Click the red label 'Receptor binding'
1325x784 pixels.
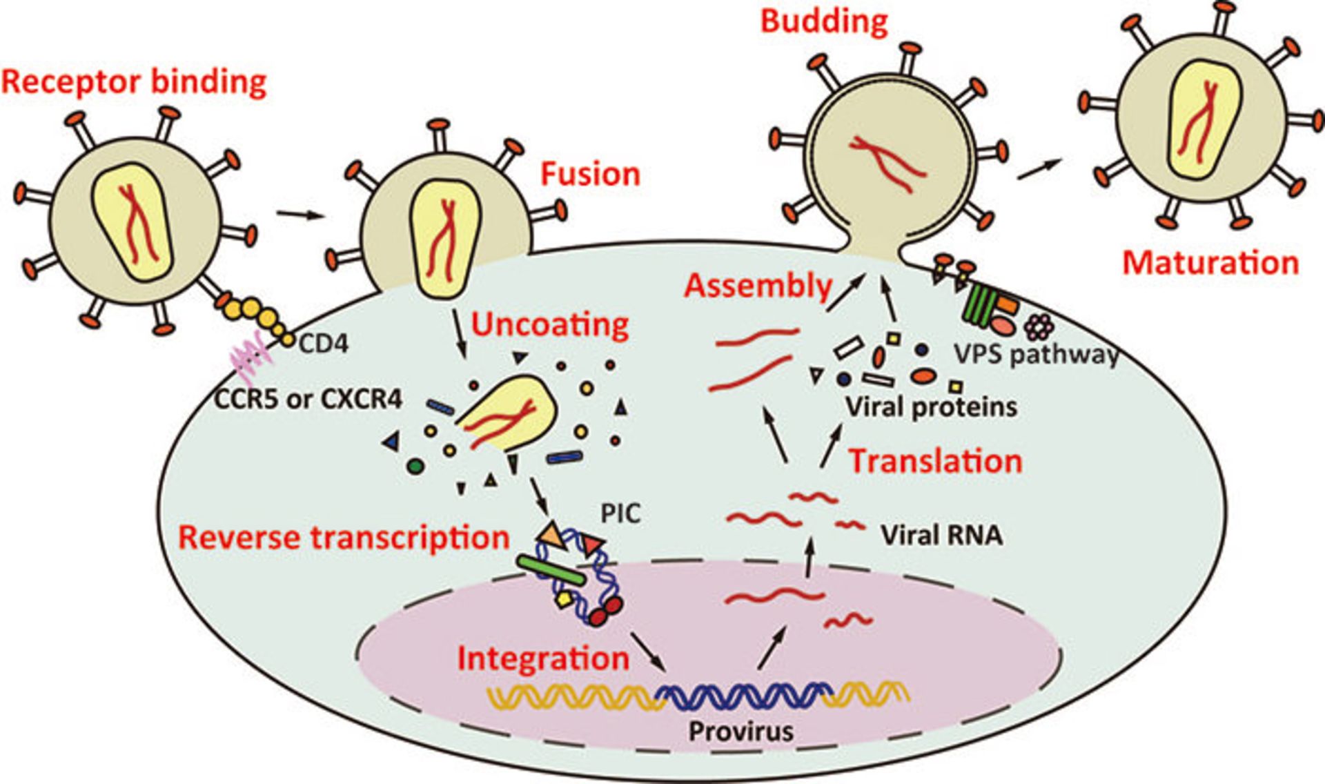click(134, 82)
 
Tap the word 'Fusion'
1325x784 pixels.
click(590, 174)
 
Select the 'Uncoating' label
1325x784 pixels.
click(550, 324)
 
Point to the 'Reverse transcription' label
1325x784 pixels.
click(344, 538)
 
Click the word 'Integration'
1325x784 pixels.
click(543, 658)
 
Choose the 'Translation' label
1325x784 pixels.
click(935, 461)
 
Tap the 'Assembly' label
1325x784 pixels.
click(758, 286)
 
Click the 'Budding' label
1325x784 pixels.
click(824, 21)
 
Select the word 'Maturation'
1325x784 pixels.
click(1210, 263)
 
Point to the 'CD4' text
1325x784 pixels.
click(323, 343)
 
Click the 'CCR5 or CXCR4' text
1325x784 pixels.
click(308, 398)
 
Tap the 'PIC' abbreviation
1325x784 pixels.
click(620, 513)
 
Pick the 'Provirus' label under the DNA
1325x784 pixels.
click(741, 731)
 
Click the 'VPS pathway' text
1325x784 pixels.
click(1035, 354)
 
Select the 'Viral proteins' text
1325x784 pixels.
click(931, 406)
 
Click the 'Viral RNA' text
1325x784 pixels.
click(941, 536)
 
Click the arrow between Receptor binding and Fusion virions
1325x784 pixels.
click(300, 215)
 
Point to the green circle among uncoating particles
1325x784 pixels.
click(415, 466)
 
